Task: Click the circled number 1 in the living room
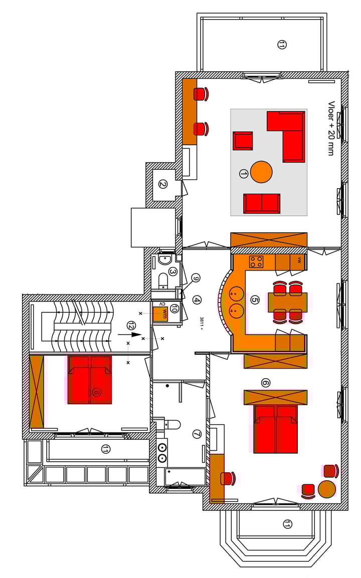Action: tap(244, 173)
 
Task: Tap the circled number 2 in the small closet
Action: tap(162, 184)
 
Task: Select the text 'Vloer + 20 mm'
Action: tap(331, 128)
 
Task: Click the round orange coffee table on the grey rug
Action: tap(261, 172)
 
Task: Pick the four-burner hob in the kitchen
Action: tap(256, 261)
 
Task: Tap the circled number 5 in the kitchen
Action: tap(255, 300)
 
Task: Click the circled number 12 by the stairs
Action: tap(131, 325)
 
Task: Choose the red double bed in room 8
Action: tap(90, 380)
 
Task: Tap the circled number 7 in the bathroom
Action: tap(197, 434)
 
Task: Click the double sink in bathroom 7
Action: tap(162, 452)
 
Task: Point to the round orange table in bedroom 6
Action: tap(327, 488)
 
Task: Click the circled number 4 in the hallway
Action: tap(197, 300)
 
